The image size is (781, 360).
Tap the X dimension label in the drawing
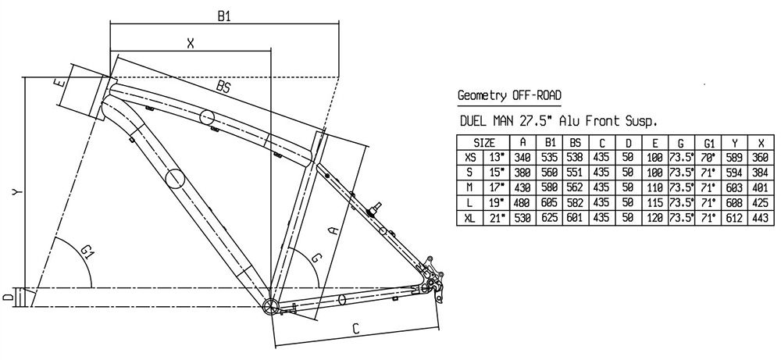(190, 44)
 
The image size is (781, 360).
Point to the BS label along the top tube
(225, 86)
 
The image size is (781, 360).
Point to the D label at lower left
(6, 297)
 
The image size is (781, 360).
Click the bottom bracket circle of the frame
(270, 305)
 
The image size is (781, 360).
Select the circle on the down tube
(176, 178)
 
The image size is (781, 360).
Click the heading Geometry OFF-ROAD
(508, 96)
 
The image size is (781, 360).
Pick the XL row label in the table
(469, 218)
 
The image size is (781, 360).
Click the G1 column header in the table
(708, 143)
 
